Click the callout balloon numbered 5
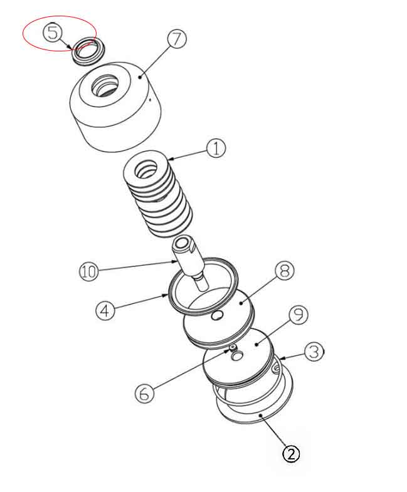point(53,32)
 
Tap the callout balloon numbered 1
point(215,149)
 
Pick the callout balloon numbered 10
point(89,272)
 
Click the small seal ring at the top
point(86,50)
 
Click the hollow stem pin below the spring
point(190,258)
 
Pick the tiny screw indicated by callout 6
point(233,347)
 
